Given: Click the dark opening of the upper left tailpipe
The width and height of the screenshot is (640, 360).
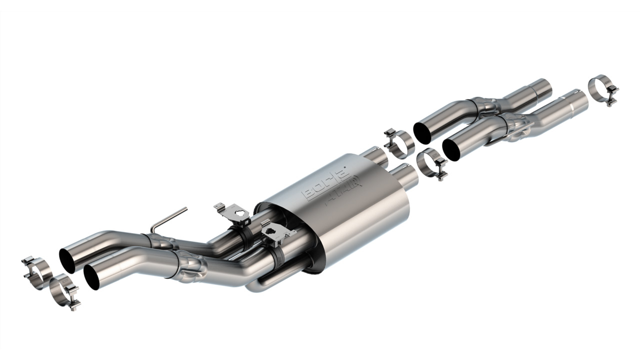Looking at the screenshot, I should [67, 260].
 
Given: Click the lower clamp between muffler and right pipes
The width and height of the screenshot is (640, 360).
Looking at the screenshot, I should [430, 163].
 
